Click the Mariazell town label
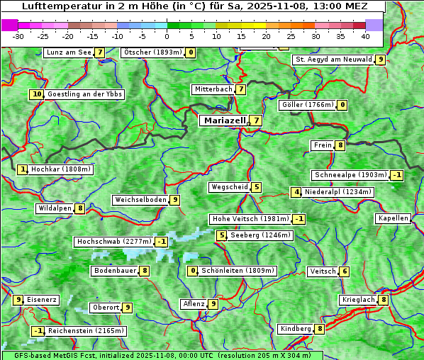click(x=223, y=120)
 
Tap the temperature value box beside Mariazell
click(x=256, y=120)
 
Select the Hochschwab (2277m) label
click(x=113, y=242)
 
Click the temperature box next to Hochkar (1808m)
click(x=23, y=169)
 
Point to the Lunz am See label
click(x=68, y=52)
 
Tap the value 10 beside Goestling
click(x=36, y=94)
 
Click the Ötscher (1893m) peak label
click(x=152, y=52)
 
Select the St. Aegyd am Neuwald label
click(x=333, y=60)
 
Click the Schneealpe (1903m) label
click(x=350, y=175)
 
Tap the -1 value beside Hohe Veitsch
click(x=299, y=219)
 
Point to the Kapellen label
click(x=393, y=218)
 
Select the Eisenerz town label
click(x=42, y=300)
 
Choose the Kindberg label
click(x=296, y=329)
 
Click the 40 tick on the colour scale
click(x=364, y=36)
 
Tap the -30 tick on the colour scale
click(x=18, y=36)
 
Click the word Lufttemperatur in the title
click(x=57, y=6)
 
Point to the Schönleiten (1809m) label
click(x=238, y=271)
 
